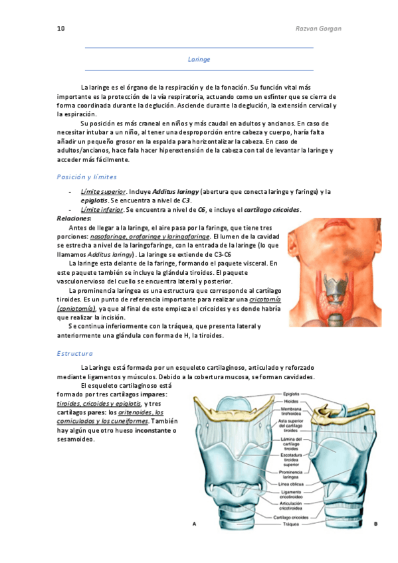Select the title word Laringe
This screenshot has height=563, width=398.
(x=199, y=59)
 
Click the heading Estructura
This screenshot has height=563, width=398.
(x=75, y=353)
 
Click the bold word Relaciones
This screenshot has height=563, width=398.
(x=74, y=218)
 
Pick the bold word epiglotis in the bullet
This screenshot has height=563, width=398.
(x=94, y=201)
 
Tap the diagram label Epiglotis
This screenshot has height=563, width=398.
(x=292, y=393)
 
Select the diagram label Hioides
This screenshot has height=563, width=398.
(x=292, y=401)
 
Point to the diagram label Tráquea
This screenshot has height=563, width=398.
(x=291, y=524)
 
